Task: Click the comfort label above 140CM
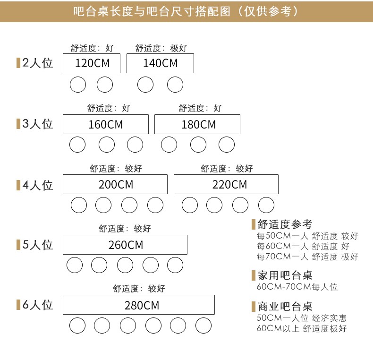pyautogui.click(x=161, y=48)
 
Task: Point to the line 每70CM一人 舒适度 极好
pyautogui.click(x=307, y=257)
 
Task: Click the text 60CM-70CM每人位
pyautogui.click(x=297, y=287)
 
